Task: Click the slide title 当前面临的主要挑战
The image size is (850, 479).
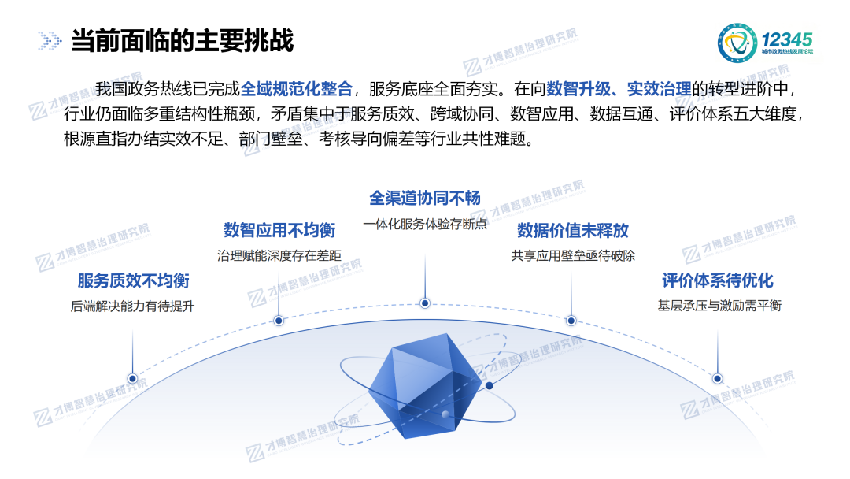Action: click(182, 41)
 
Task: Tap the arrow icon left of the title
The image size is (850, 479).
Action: click(50, 41)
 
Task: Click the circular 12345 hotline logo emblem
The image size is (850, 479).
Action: click(737, 43)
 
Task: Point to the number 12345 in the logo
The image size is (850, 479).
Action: click(786, 39)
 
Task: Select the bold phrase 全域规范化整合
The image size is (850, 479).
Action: click(296, 88)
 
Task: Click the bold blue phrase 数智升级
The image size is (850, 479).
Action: click(578, 88)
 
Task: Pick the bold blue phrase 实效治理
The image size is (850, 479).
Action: click(659, 88)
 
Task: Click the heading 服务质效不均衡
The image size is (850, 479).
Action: click(133, 280)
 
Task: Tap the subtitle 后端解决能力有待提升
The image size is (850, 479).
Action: click(132, 306)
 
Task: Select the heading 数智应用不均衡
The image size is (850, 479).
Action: click(279, 230)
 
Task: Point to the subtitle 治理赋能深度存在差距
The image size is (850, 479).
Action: click(279, 255)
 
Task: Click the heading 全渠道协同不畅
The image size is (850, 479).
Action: click(425, 198)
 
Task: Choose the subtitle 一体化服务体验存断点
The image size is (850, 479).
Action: click(425, 224)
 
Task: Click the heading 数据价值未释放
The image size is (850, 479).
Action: click(573, 230)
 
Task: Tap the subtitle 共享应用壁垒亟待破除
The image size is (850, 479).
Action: click(573, 255)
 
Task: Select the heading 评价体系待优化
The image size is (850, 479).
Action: click(718, 280)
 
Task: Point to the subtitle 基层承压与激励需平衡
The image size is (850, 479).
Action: click(719, 306)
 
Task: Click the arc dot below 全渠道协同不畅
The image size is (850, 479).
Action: click(425, 303)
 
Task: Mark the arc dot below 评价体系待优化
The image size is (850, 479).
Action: click(717, 379)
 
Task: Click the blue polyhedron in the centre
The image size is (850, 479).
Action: click(425, 385)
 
